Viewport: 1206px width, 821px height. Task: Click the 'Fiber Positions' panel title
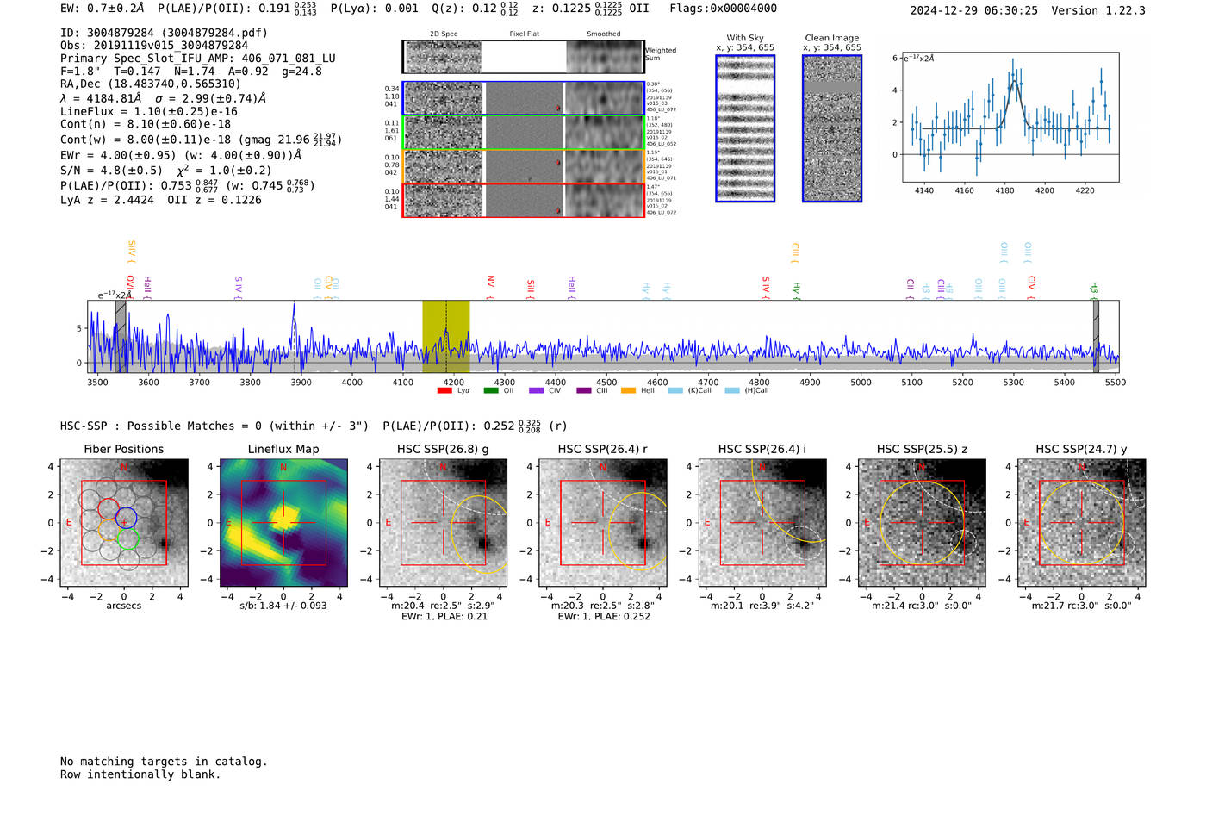123,449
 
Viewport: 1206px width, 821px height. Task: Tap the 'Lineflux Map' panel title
283,449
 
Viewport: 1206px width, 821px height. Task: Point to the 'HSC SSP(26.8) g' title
443,449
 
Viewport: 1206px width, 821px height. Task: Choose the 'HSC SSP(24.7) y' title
1081,449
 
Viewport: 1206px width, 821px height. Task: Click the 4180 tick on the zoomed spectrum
1004,190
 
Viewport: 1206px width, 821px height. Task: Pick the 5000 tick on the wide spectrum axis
861,382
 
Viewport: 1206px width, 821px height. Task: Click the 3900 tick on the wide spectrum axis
301,382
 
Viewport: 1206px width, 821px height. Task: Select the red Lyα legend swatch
444,391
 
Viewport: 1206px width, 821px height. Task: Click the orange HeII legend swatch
628,391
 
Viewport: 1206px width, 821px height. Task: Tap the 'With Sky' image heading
745,38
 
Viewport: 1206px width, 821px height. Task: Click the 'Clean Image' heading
831,38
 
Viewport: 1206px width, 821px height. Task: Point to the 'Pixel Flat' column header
524,34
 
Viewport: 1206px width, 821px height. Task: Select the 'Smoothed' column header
603,34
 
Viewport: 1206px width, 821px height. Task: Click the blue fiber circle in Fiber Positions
127,519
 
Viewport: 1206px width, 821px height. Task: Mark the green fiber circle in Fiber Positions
127,539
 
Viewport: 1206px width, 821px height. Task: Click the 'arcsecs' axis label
123,606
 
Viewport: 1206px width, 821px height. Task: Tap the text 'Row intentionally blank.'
140,774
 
